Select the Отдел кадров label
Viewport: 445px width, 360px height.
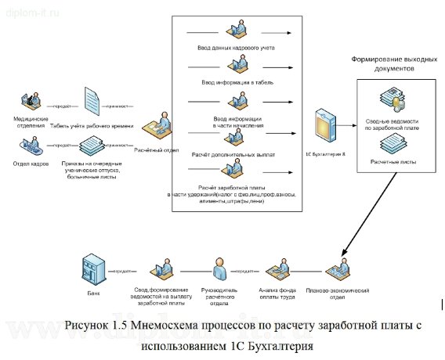click(27, 164)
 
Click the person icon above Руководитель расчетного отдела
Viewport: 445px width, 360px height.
click(221, 269)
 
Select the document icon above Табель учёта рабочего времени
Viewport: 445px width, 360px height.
click(92, 102)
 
